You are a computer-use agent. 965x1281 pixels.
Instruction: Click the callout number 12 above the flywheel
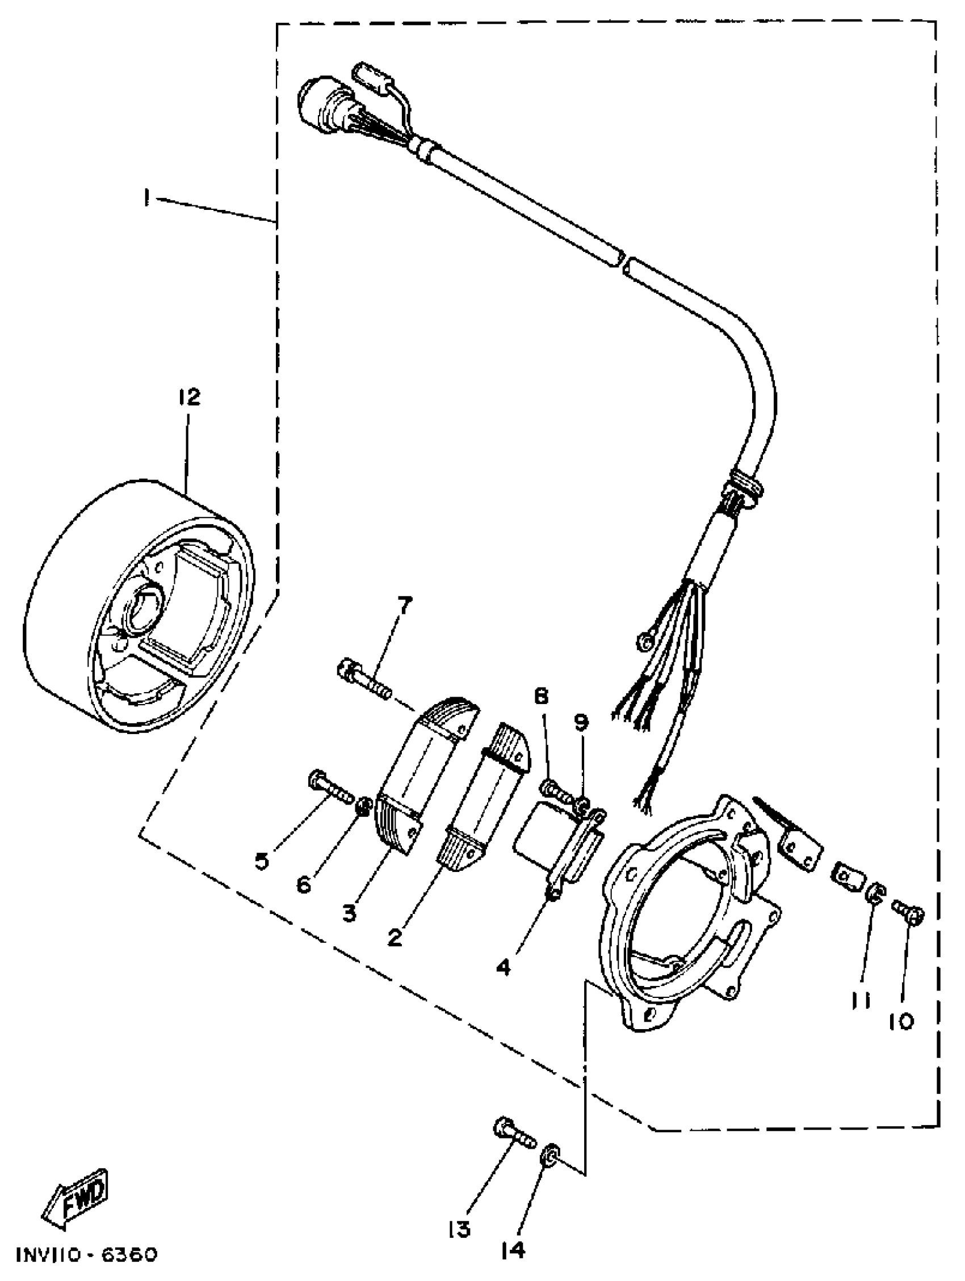189,397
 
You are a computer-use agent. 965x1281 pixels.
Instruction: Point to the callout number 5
262,861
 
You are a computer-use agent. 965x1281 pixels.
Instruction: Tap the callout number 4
503,966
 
